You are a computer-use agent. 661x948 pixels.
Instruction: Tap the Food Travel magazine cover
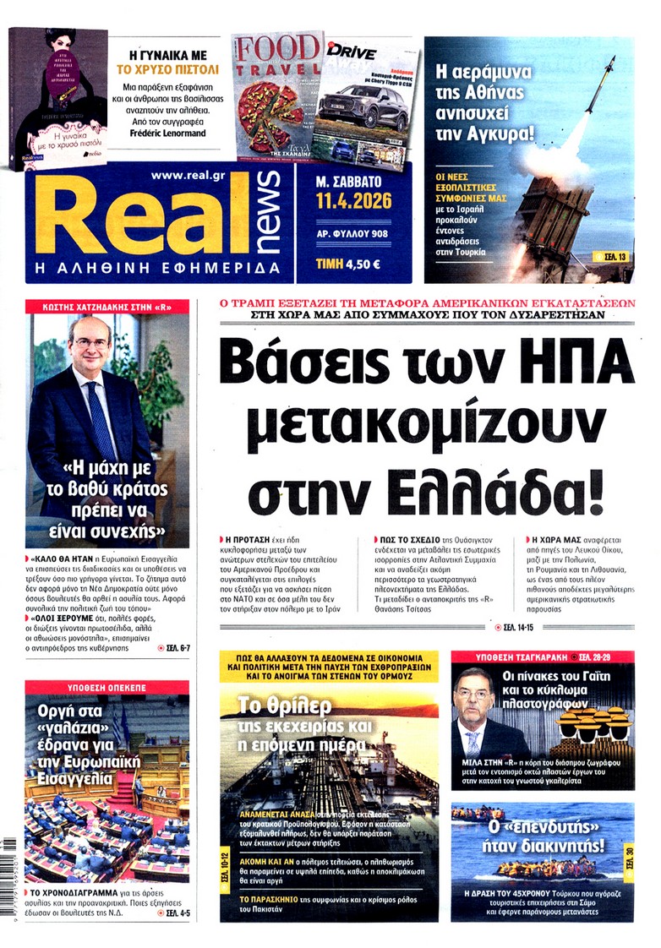[275, 93]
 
